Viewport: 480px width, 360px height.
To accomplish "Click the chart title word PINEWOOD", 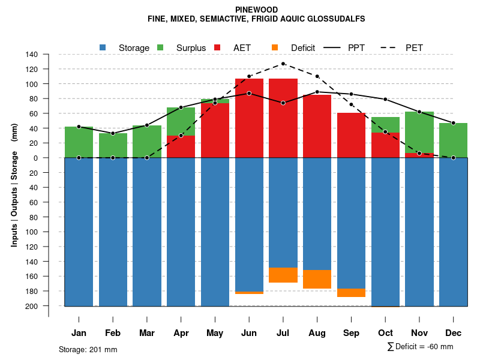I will click(256, 10).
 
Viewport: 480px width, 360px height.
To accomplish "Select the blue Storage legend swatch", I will click(103, 47).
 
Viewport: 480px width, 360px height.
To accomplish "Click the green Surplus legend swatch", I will click(161, 47).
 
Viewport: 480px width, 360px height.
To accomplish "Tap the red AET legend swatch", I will click(218, 47).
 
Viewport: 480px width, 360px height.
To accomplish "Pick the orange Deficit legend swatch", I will click(275, 47).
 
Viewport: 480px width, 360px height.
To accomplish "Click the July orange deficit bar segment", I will click(283, 275).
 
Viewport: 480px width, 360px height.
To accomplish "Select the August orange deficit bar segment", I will click(317, 279).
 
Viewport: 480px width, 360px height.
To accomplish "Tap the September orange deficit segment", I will click(351, 293).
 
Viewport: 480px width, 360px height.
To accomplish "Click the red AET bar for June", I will click(249, 117).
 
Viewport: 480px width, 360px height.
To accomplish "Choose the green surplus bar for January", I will click(79, 142).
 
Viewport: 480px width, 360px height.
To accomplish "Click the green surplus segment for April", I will click(181, 121).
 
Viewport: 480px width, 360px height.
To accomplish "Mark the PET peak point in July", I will click(283, 64).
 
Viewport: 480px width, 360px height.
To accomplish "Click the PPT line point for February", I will click(113, 133).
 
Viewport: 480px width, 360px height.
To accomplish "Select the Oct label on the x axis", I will click(385, 333).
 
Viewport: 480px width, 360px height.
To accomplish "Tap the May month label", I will click(215, 333).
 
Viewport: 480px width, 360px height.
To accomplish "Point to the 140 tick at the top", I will click(32, 55).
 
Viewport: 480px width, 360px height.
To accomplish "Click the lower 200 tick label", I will click(32, 306).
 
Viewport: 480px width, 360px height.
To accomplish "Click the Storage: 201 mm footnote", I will click(88, 349).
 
